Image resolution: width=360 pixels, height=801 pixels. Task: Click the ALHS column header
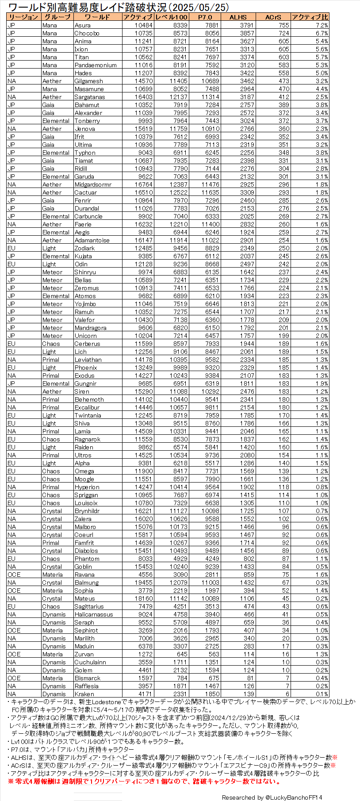point(238,17)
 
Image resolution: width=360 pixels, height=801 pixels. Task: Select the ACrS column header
point(273,17)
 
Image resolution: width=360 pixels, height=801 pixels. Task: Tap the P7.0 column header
point(205,17)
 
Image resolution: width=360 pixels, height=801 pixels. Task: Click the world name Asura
point(83,25)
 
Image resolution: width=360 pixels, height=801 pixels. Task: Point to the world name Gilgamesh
point(88,81)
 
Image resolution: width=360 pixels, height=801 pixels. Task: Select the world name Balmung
point(87,583)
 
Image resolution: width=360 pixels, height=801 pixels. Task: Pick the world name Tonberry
point(87,121)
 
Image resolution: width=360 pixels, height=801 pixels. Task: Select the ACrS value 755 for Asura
point(283,25)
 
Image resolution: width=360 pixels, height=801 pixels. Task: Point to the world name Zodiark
point(84,248)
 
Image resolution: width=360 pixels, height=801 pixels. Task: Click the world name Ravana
point(84,575)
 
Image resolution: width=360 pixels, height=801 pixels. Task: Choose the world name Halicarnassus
point(94,614)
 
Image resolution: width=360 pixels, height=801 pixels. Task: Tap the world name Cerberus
point(87,344)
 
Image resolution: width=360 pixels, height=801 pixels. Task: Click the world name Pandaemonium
point(96,65)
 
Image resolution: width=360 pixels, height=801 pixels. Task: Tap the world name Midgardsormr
point(93,184)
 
